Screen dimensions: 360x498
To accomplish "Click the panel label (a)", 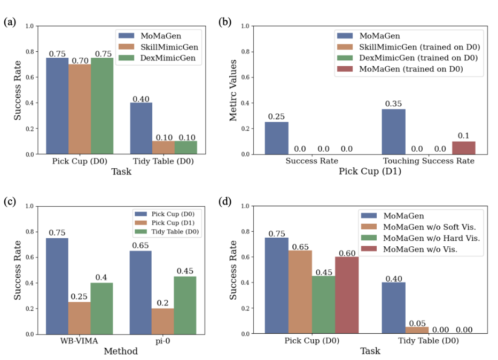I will pyautogui.click(x=9, y=22).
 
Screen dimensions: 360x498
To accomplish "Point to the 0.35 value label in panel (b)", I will pyautogui.click(x=393, y=103).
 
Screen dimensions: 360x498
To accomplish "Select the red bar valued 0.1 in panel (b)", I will pyautogui.click(x=463, y=147).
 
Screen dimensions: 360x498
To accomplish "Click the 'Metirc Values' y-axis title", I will pyautogui.click(x=234, y=90).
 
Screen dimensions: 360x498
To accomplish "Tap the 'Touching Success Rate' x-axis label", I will pyautogui.click(x=429, y=160).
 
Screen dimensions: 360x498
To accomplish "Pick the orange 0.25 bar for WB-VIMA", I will pyautogui.click(x=79, y=318).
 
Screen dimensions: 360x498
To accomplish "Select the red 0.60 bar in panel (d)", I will pyautogui.click(x=347, y=295).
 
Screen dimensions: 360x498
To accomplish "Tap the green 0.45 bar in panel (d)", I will pyautogui.click(x=324, y=304).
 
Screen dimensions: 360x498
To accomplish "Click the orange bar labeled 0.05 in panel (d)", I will pyautogui.click(x=417, y=330).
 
